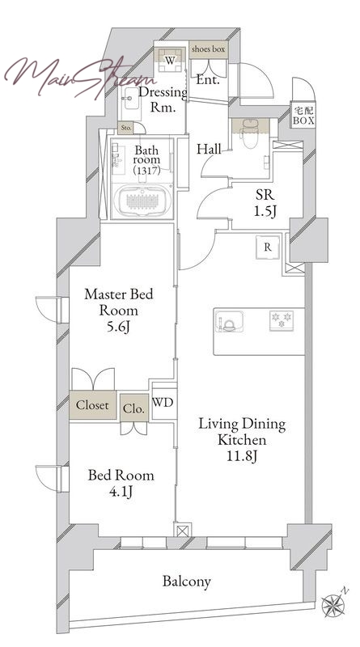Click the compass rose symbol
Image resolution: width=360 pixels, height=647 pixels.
tap(334, 604)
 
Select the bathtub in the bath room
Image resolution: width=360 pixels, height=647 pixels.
tap(142, 200)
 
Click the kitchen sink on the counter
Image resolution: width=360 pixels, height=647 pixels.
tap(229, 321)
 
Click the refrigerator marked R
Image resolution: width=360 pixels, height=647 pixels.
tap(268, 247)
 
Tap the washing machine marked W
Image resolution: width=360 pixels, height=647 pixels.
tap(170, 60)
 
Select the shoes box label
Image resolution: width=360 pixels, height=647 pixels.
tap(208, 49)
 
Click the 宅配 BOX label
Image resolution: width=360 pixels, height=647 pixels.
tap(304, 116)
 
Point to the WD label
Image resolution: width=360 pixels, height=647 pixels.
tap(163, 402)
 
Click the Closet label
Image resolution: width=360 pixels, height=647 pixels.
tap(92, 405)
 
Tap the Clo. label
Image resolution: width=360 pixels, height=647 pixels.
tap(133, 409)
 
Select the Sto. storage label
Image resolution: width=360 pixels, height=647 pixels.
tap(126, 129)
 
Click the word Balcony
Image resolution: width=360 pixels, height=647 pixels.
tap(187, 581)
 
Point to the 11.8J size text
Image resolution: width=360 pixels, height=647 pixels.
tap(243, 456)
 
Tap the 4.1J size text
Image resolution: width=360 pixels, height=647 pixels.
tap(121, 492)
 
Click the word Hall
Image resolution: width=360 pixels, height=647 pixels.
tap(209, 149)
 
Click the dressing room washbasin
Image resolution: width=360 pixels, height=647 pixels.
tap(132, 98)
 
